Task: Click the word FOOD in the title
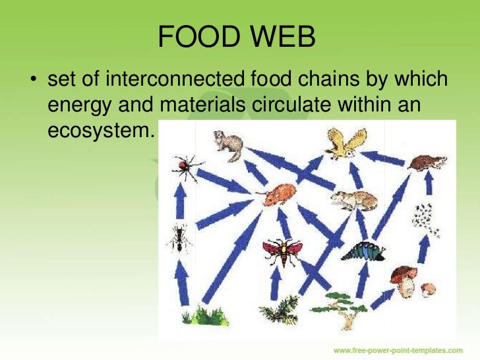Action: pyautogui.click(x=196, y=39)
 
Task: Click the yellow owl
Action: pyautogui.click(x=345, y=143)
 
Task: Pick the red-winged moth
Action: pyautogui.click(x=282, y=250)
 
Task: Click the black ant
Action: pyautogui.click(x=178, y=238)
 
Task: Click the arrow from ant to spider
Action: pyautogui.click(x=179, y=201)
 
